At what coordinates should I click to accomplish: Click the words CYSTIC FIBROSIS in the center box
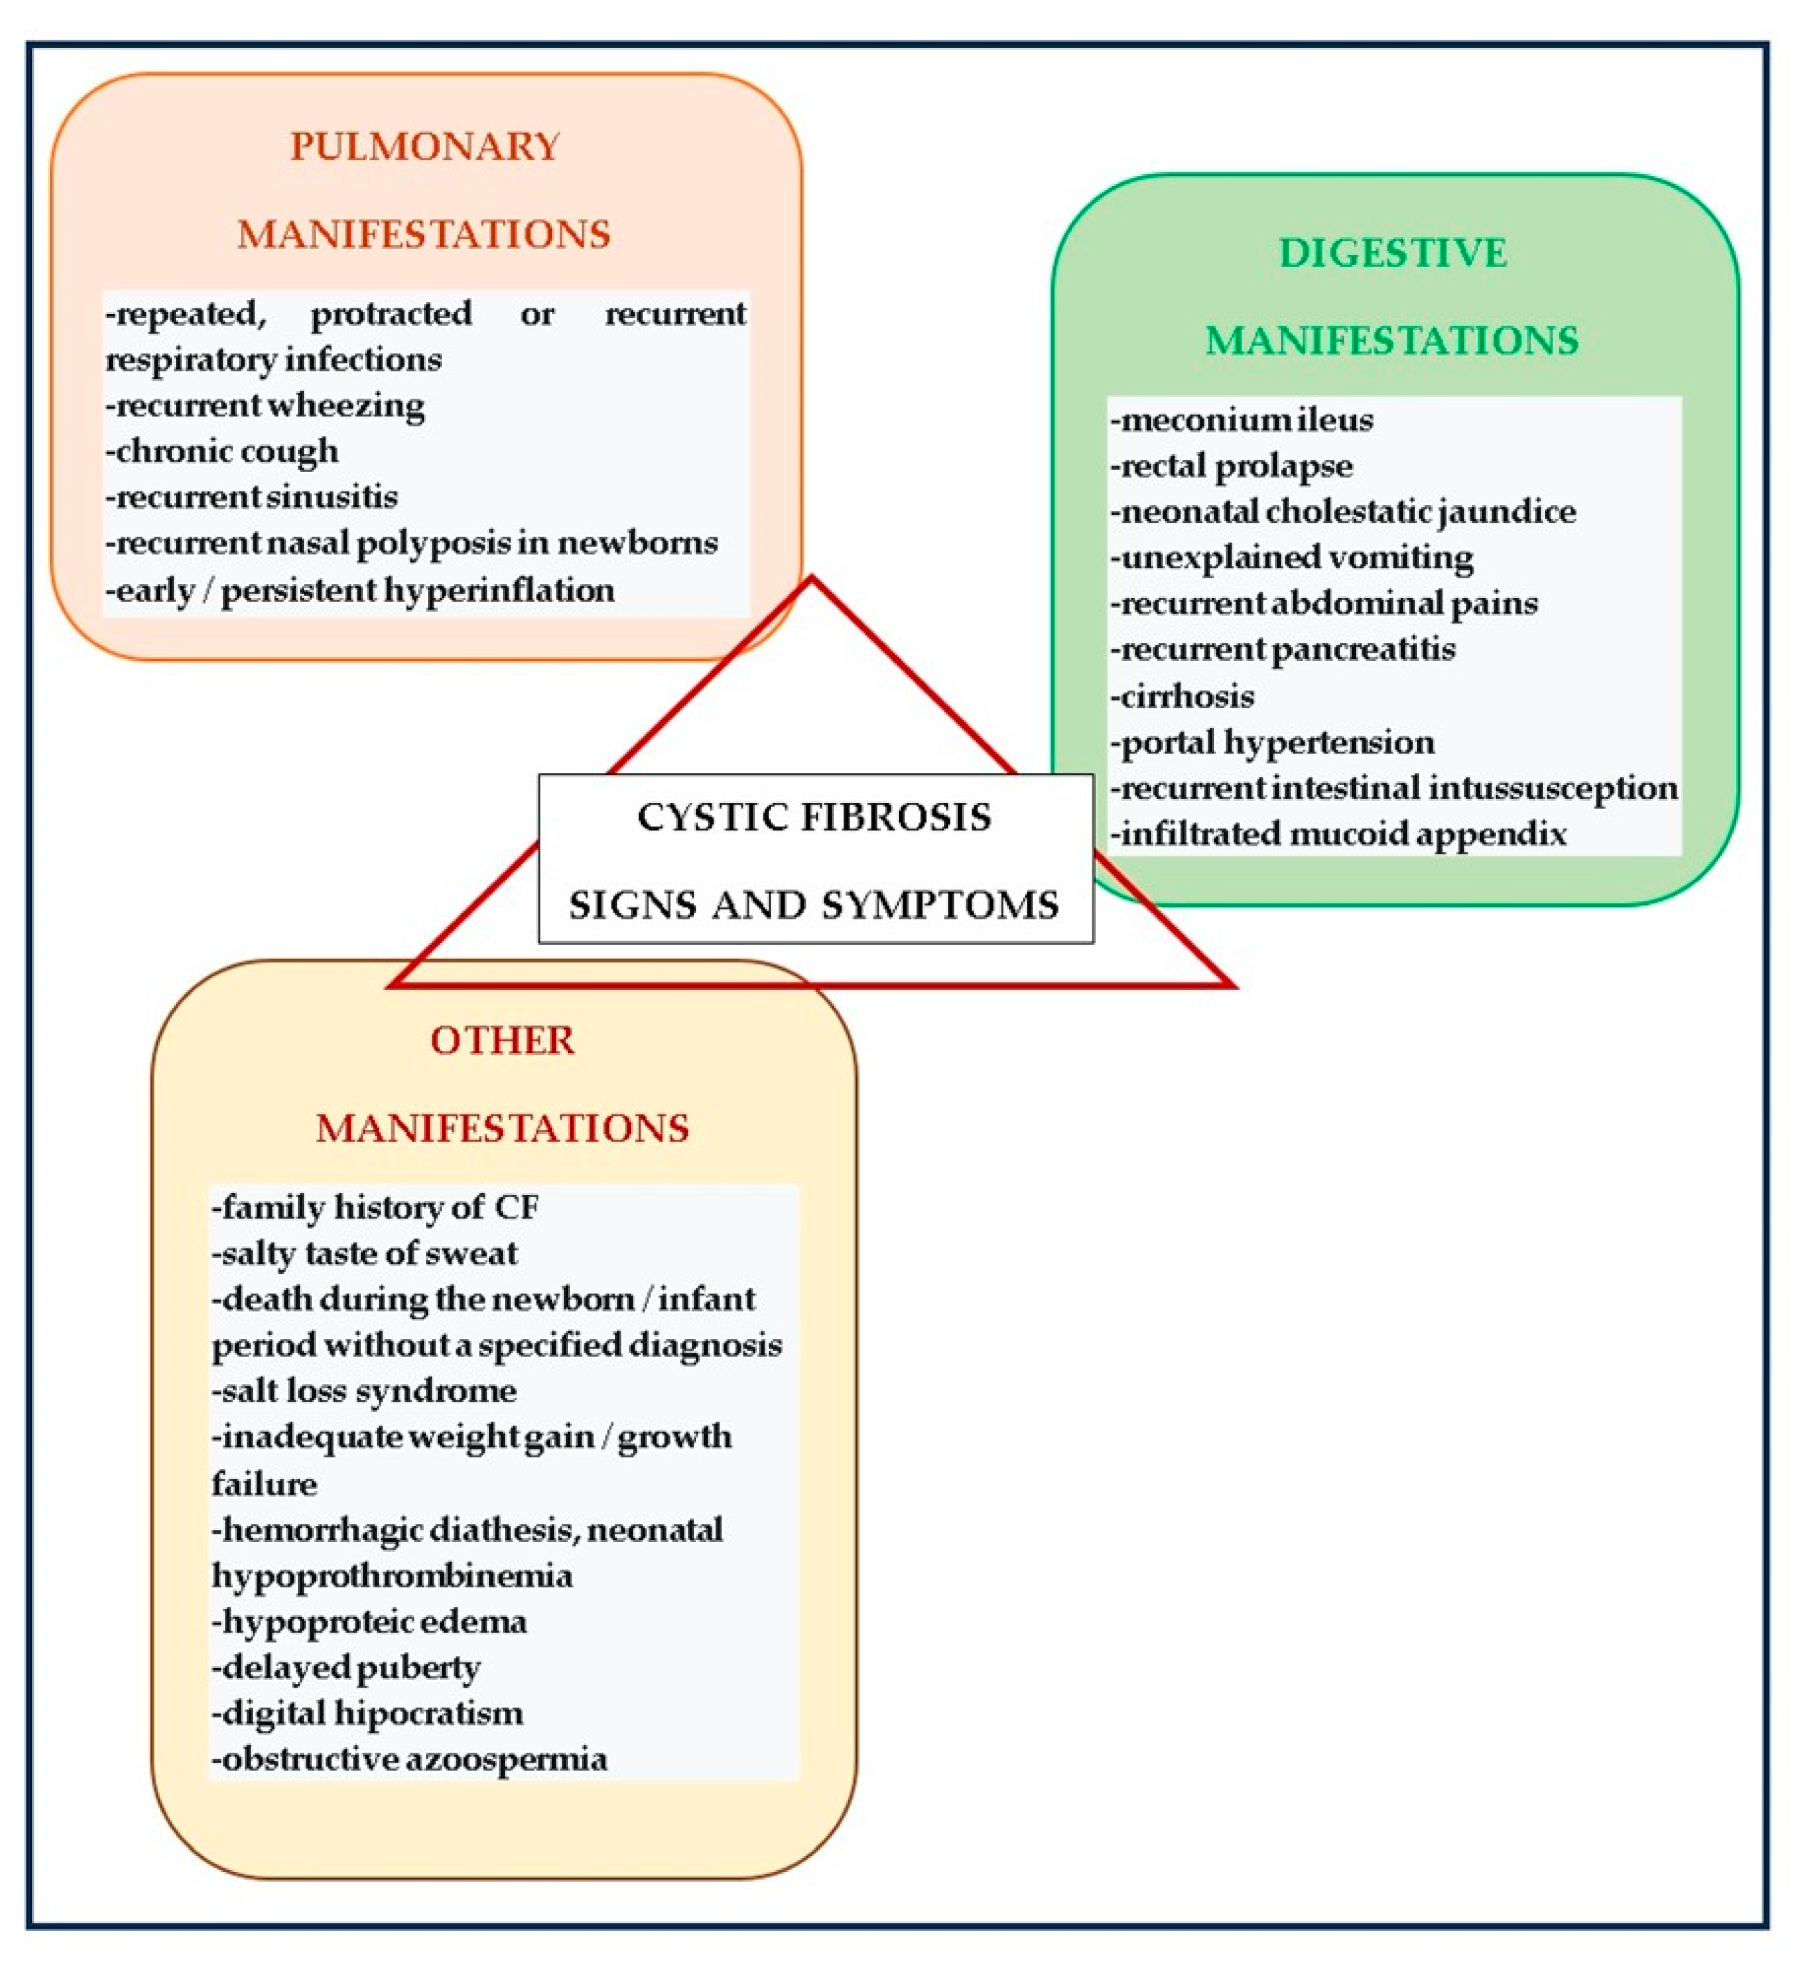814,817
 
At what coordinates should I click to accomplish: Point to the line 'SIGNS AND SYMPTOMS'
814,905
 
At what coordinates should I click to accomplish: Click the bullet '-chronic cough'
223,451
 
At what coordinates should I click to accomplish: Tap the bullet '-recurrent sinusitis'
252,497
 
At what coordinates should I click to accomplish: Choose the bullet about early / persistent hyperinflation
360,590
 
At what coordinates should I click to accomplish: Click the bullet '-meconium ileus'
1242,420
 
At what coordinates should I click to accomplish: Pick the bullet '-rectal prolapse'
1232,466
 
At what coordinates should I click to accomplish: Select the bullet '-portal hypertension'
1273,742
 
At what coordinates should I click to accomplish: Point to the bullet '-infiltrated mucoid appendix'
1338,834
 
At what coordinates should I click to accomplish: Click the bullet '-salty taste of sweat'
364,1253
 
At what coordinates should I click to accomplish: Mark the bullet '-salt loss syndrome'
364,1391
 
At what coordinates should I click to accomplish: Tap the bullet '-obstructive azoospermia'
410,1759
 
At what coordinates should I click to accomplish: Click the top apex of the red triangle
811,581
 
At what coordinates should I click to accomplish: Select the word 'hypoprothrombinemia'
393,1575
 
